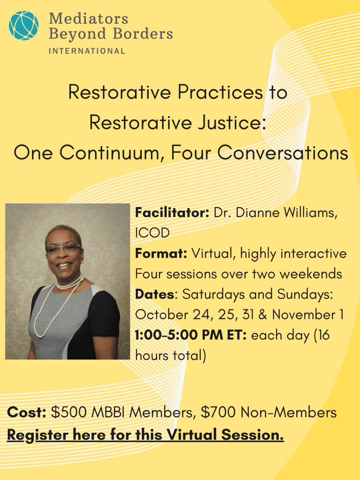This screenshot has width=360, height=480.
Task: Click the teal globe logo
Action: (x=23, y=25)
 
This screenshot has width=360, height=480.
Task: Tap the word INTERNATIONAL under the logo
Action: (x=87, y=51)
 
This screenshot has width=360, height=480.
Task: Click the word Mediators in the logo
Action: (x=89, y=18)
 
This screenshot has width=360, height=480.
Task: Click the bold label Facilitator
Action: (x=172, y=212)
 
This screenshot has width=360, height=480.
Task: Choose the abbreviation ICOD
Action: (x=152, y=233)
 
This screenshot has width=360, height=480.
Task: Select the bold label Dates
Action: (x=155, y=294)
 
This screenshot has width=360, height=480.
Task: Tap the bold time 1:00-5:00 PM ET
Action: (x=191, y=335)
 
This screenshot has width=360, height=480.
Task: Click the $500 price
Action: (x=68, y=412)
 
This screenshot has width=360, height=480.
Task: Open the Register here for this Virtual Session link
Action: (x=145, y=435)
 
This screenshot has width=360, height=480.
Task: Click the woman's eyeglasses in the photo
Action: (x=63, y=248)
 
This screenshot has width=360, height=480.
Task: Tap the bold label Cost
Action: (x=27, y=412)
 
